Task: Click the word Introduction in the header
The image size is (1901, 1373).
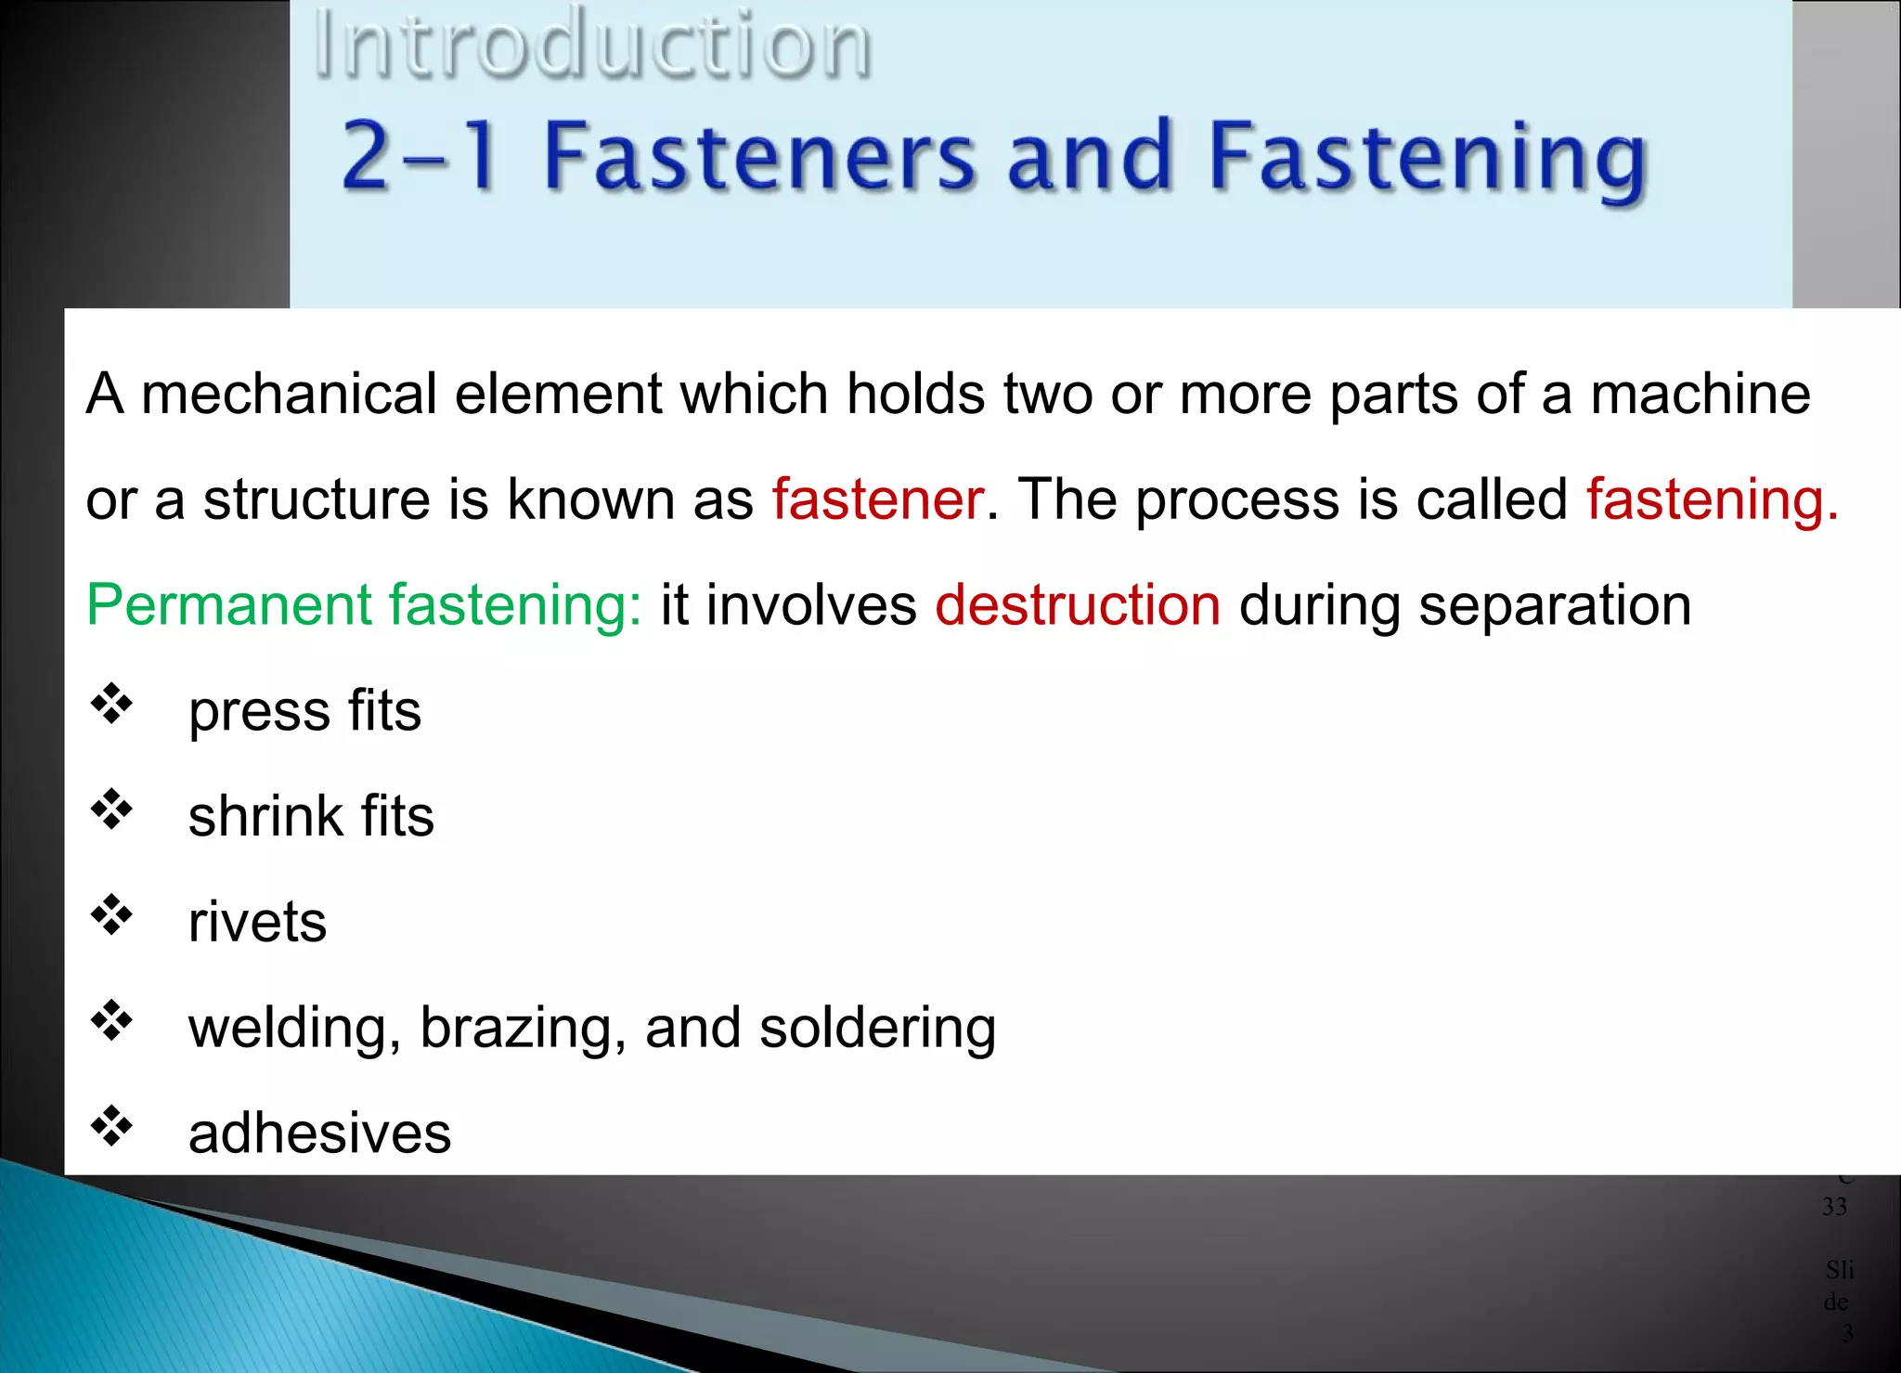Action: [592, 44]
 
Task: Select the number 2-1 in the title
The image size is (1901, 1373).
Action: [419, 156]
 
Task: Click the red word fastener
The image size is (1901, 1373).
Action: [877, 499]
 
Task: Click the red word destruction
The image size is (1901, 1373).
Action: [1078, 605]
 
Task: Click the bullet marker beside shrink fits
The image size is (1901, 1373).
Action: [111, 810]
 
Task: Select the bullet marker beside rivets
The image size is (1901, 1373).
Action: [111, 915]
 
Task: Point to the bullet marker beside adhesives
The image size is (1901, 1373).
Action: [111, 1126]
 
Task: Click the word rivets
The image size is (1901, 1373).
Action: [257, 923]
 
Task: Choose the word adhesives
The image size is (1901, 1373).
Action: [319, 1133]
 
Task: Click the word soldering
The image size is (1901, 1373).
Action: [877, 1029]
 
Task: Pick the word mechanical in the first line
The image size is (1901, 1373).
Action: [289, 394]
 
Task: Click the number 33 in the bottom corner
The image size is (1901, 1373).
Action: [1834, 1207]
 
